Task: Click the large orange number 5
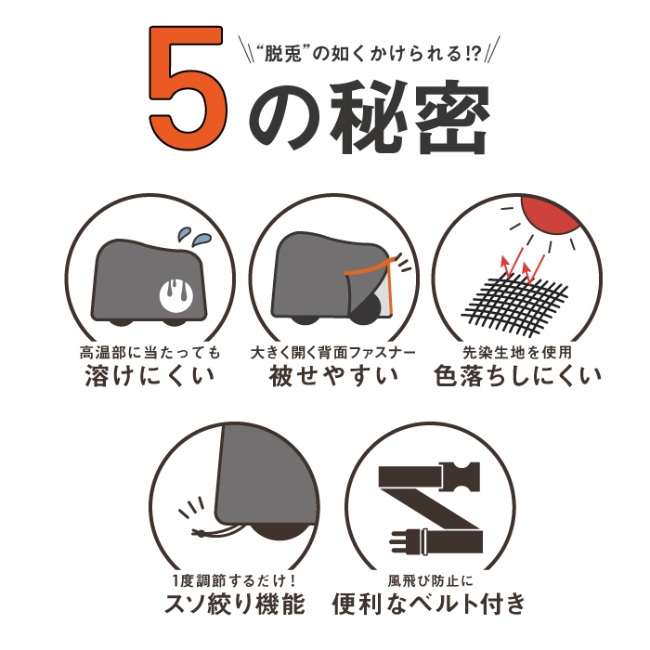tap(188, 87)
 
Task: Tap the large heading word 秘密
tap(409, 116)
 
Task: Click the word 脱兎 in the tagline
tap(282, 54)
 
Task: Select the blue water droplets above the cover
tap(194, 235)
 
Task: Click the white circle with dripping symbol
tap(176, 294)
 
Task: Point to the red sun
tap(550, 214)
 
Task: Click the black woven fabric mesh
tap(514, 303)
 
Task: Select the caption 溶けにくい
tap(149, 375)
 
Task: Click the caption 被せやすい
tap(333, 375)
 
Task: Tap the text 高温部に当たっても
tap(150, 353)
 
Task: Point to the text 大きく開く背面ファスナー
tap(332, 353)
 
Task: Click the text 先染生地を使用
tap(517, 353)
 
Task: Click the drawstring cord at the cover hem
tap(215, 531)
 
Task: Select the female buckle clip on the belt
tap(461, 475)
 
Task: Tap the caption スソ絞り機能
tap(235, 604)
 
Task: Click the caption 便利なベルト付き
tap(429, 604)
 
